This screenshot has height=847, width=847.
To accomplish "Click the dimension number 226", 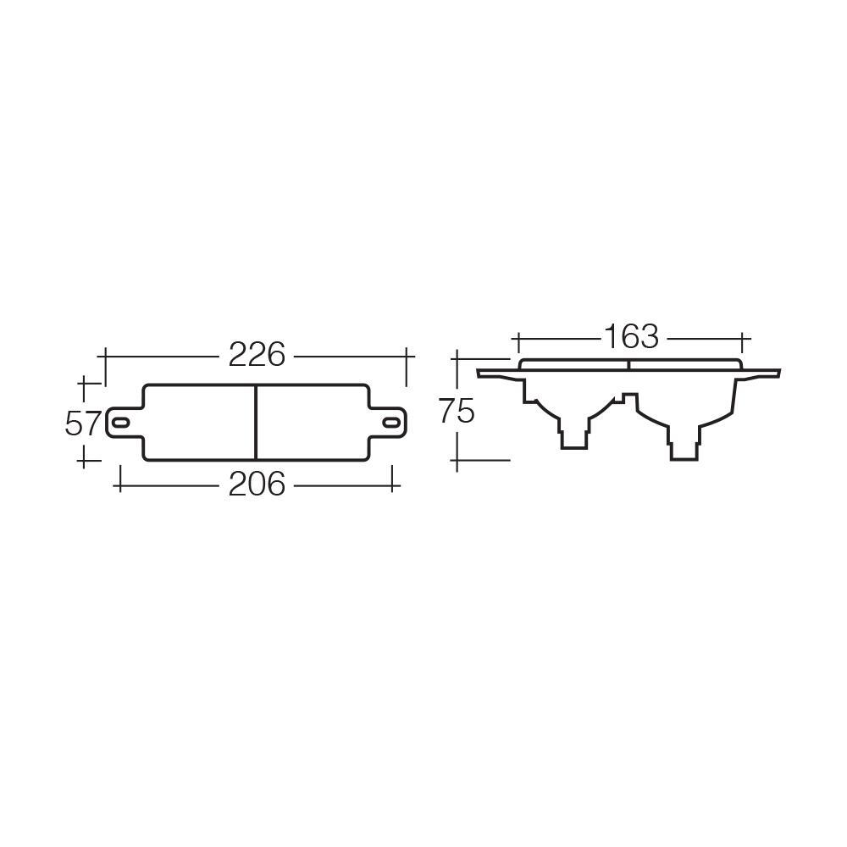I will tap(257, 355).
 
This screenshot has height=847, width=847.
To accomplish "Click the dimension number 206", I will tap(257, 484).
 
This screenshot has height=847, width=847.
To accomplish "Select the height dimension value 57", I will tap(82, 423).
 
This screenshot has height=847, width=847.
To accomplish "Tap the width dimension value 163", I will tap(631, 336).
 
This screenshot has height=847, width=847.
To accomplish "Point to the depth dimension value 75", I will tap(457, 412).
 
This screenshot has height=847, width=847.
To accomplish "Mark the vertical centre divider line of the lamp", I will tap(256, 423).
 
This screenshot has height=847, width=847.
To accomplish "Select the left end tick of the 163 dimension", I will tap(516, 342).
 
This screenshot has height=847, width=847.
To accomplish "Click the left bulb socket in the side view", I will tap(573, 437).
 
